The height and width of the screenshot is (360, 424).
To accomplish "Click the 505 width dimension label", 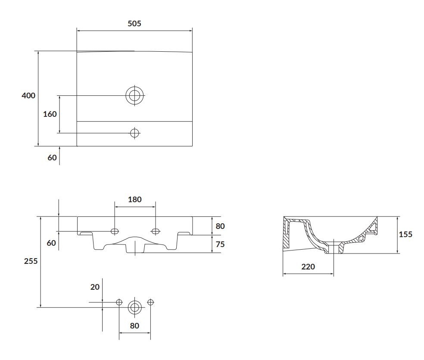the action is (x=134, y=24).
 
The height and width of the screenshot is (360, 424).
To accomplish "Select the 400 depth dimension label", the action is (x=28, y=95).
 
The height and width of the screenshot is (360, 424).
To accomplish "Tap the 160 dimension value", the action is (x=50, y=114).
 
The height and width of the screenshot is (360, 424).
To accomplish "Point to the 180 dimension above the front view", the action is (x=135, y=199).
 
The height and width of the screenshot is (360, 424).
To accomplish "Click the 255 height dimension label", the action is (x=31, y=261).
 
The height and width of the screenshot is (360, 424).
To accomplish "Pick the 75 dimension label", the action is (x=220, y=244).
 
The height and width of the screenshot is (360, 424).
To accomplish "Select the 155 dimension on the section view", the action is (x=405, y=234).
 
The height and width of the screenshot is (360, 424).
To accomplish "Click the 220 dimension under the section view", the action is (x=308, y=267).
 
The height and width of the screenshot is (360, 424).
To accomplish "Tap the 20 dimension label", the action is (x=95, y=287).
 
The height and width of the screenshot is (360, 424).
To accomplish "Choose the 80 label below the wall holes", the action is (x=134, y=326).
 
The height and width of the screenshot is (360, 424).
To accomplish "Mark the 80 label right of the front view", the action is (x=220, y=226).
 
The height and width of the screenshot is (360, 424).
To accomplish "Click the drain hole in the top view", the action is (x=134, y=95).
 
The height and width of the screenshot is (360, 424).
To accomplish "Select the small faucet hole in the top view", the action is (x=134, y=133).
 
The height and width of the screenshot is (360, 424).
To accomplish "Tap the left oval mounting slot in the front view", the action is (x=115, y=231).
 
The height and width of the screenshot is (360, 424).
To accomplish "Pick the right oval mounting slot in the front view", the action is (x=155, y=231).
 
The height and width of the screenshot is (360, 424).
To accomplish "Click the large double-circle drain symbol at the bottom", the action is (x=135, y=307).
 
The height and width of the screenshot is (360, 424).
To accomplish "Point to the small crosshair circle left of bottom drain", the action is (x=119, y=302).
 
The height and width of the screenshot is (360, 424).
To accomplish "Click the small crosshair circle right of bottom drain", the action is (x=150, y=302).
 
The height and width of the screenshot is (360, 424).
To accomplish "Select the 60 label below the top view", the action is (x=52, y=157).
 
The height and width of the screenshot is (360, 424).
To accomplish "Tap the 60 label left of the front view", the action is (x=51, y=243).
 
